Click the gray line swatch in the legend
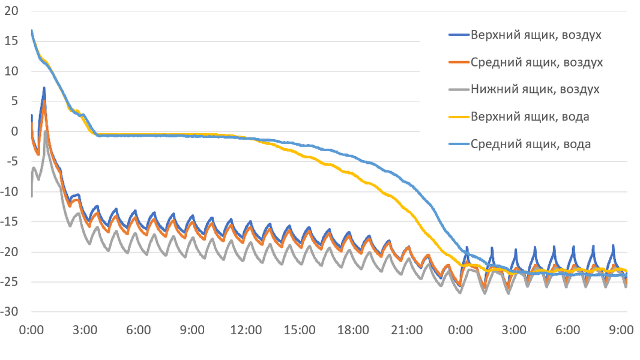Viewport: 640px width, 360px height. point(458,89)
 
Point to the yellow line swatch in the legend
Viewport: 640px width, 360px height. point(458,117)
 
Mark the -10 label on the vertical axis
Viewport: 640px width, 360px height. point(10,191)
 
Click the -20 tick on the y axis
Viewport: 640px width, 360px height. point(10,252)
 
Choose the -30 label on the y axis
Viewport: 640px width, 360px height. point(10,312)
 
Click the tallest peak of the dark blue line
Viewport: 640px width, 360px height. point(44,88)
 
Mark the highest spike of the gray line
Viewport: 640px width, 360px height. point(46,131)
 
